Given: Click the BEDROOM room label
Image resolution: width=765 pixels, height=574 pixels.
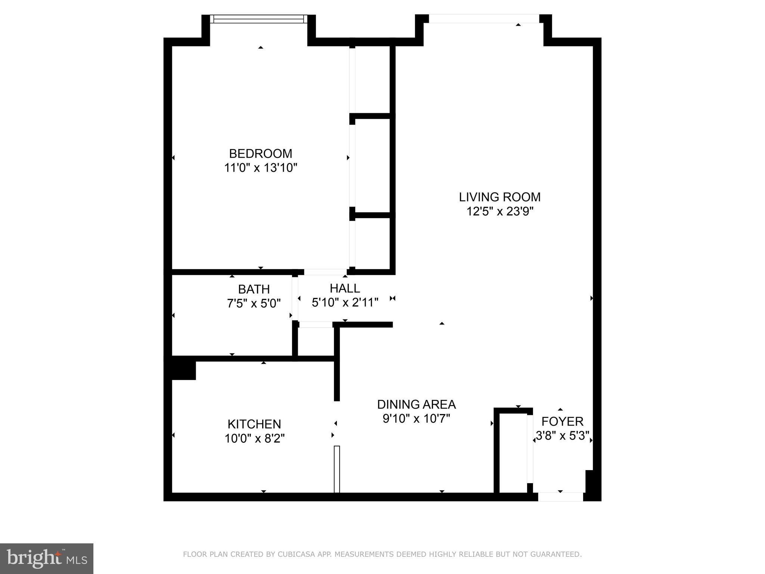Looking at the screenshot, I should click(260, 154).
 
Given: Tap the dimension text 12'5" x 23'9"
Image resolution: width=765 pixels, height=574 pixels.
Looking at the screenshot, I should click(499, 212).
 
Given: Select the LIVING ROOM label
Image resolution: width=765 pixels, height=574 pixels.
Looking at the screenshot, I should click(499, 197).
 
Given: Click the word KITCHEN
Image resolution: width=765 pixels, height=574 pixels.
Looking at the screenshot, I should click(254, 424).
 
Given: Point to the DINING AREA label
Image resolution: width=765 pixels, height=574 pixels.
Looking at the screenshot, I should click(416, 404).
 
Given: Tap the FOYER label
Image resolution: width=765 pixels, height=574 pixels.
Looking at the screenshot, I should click(562, 422).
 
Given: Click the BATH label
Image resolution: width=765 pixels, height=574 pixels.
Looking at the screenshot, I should click(254, 289).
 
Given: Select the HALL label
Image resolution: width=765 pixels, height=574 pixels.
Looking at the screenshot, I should click(345, 288).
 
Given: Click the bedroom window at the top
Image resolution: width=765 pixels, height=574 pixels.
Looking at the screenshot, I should click(258, 19).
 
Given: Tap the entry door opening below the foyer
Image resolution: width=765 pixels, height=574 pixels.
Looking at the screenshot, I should click(560, 497).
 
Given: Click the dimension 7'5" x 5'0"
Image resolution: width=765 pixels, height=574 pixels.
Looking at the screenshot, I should click(254, 303).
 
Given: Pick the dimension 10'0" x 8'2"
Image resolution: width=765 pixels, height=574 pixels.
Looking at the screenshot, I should click(254, 438).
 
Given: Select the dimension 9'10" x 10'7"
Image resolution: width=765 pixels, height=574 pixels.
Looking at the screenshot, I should click(416, 419).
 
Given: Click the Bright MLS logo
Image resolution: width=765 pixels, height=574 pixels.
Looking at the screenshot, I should click(46, 558).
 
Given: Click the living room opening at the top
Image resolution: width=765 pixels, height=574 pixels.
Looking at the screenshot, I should click(484, 19).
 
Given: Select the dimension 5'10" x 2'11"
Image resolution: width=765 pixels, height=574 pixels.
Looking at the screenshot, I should click(345, 302).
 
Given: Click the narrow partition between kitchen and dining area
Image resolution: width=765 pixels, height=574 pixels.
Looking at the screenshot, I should click(337, 469).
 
